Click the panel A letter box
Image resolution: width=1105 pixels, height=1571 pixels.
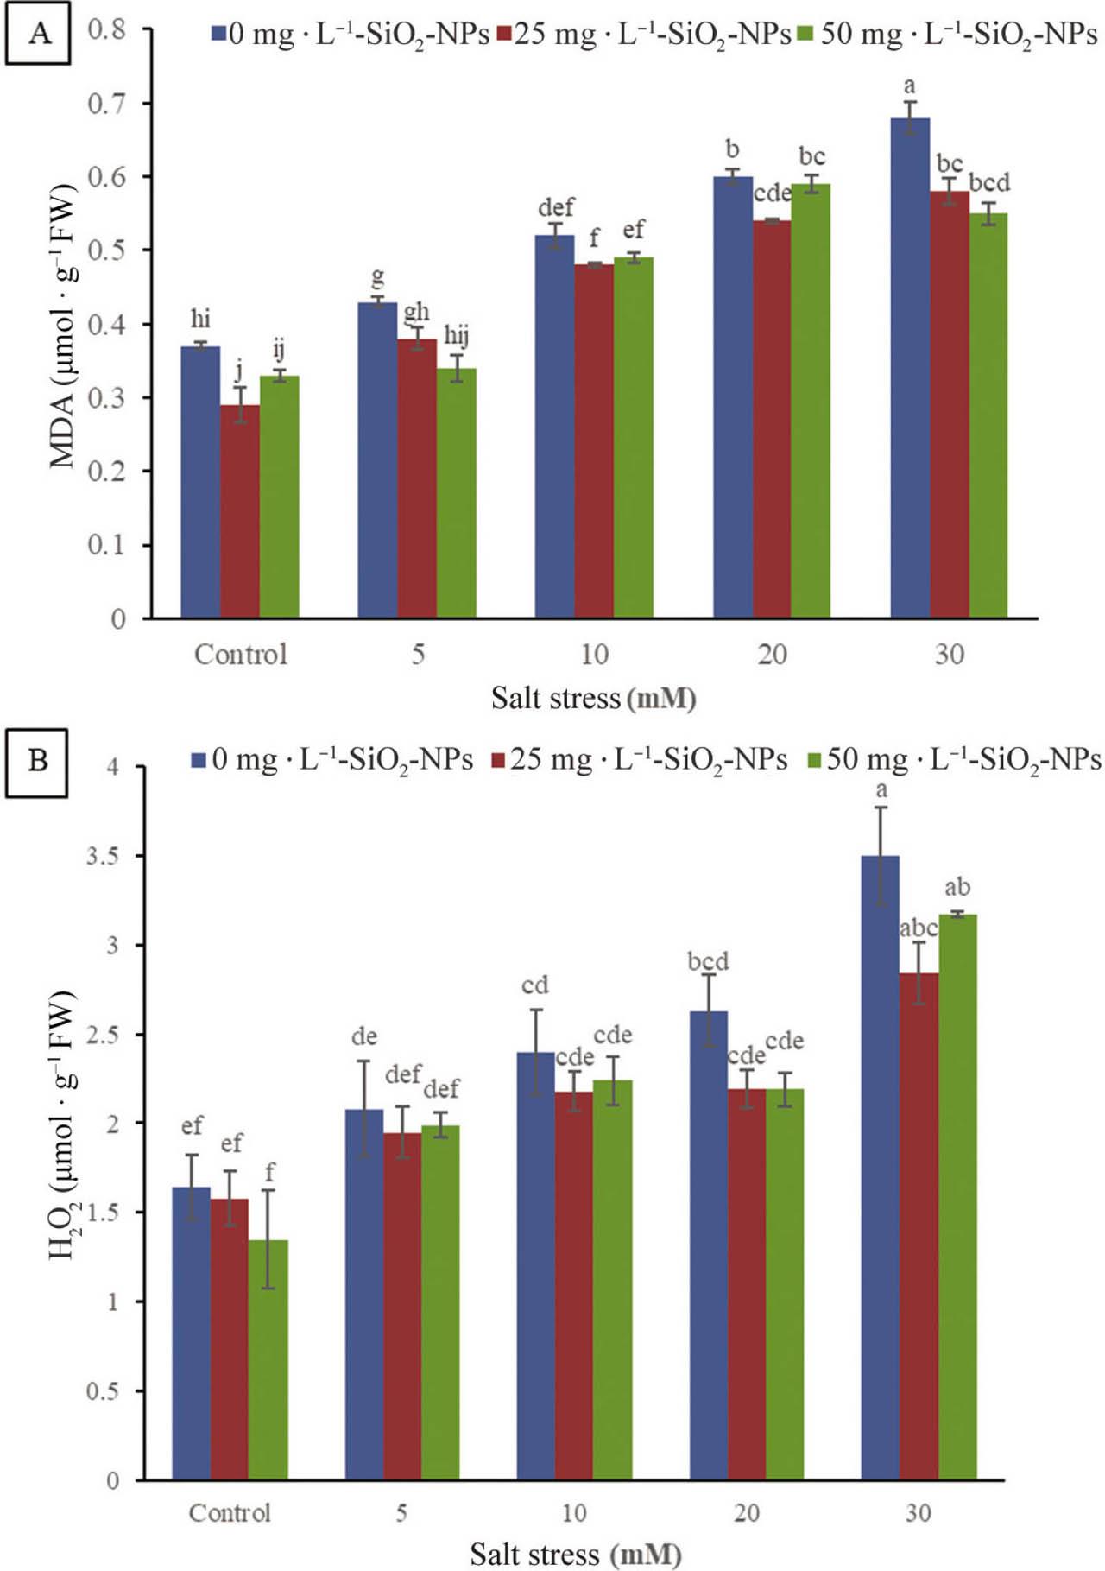[38, 35]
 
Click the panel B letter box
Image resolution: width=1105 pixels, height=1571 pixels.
[37, 761]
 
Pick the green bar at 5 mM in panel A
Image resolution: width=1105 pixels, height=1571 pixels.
[456, 493]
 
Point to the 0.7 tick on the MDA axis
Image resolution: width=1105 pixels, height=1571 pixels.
[107, 104]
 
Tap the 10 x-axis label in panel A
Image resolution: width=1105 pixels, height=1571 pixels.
[594, 655]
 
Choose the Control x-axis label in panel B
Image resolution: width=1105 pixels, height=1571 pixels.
[230, 1512]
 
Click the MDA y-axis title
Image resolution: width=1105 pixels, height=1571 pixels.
[63, 326]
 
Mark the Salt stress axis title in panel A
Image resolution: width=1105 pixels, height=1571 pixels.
[593, 698]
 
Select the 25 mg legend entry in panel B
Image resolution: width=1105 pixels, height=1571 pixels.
[639, 760]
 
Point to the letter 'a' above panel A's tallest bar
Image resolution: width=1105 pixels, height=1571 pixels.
[909, 86]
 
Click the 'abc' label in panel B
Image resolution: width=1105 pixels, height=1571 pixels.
[918, 928]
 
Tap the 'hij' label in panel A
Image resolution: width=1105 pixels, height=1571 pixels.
[456, 335]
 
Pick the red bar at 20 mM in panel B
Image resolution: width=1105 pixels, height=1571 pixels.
[747, 1284]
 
